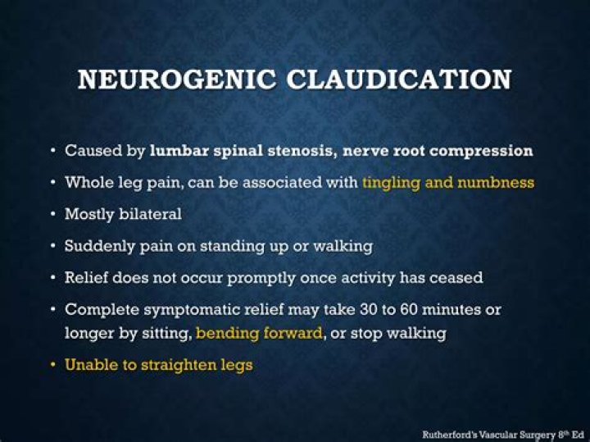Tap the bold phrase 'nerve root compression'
444,151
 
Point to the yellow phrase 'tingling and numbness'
448,183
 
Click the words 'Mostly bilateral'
123,214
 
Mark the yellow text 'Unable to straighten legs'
159,365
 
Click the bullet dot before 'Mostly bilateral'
53,215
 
